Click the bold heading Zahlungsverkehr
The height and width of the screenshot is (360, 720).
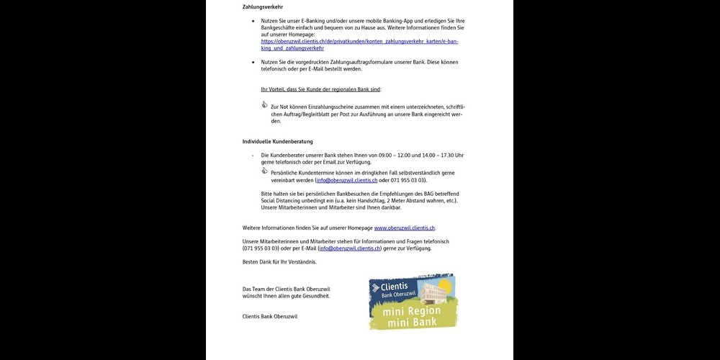point(262,7)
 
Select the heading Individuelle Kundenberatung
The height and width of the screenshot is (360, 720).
point(277,141)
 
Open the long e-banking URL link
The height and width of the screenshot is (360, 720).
point(359,42)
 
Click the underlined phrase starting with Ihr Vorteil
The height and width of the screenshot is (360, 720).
point(320,89)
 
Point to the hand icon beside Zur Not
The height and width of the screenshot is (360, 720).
point(264,105)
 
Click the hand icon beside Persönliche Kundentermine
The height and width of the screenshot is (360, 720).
point(264,171)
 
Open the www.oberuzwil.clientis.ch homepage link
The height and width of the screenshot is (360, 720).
point(405,228)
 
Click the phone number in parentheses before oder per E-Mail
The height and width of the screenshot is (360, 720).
point(261,248)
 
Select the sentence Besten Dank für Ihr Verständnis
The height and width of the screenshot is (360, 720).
point(279,261)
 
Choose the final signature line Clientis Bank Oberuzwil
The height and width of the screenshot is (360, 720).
point(270,316)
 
